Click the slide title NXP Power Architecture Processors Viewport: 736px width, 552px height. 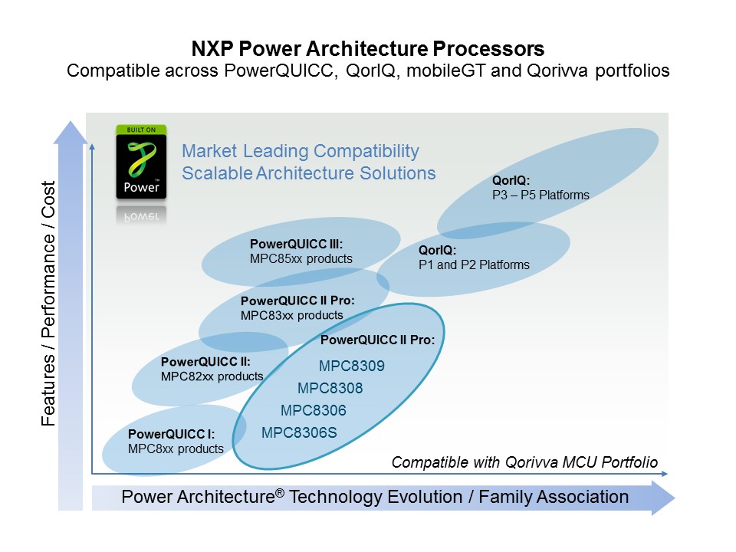tap(368, 50)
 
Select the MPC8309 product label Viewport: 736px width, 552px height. tap(351, 366)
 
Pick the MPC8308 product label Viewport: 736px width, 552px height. tap(330, 388)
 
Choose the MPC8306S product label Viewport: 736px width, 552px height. tap(299, 432)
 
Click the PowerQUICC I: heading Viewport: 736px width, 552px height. tap(171, 434)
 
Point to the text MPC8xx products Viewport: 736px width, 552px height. tap(176, 449)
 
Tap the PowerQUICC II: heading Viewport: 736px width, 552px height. tap(205, 362)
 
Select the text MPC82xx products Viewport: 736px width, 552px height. tap(212, 376)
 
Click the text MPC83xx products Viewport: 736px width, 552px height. tap(291, 315)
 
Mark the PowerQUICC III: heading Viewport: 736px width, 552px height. tap(296, 245)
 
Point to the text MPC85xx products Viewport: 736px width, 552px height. tap(301, 258)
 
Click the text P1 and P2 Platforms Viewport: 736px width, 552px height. tap(474, 264)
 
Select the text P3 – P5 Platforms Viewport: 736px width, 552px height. tap(540, 195)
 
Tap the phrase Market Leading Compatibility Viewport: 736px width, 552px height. tap(301, 151)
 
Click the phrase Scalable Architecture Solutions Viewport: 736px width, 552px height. tap(308, 172)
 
